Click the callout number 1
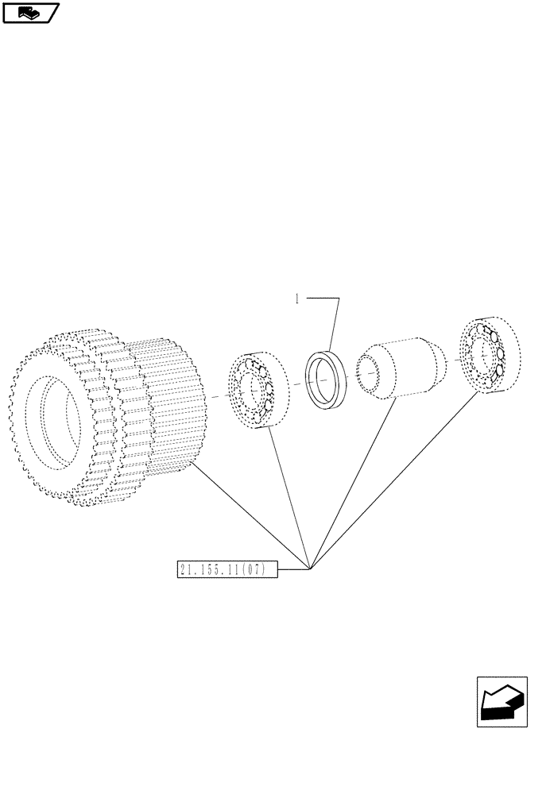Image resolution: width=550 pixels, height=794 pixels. pos(296,299)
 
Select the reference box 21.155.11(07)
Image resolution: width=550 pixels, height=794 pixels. pos(227,569)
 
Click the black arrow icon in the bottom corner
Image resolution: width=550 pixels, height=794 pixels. pos(502,701)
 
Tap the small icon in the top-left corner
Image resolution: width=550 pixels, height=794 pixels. pos(30,12)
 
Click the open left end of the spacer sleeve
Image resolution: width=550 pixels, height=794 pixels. pos(370,374)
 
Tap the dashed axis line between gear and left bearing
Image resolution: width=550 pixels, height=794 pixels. pos(219,397)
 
